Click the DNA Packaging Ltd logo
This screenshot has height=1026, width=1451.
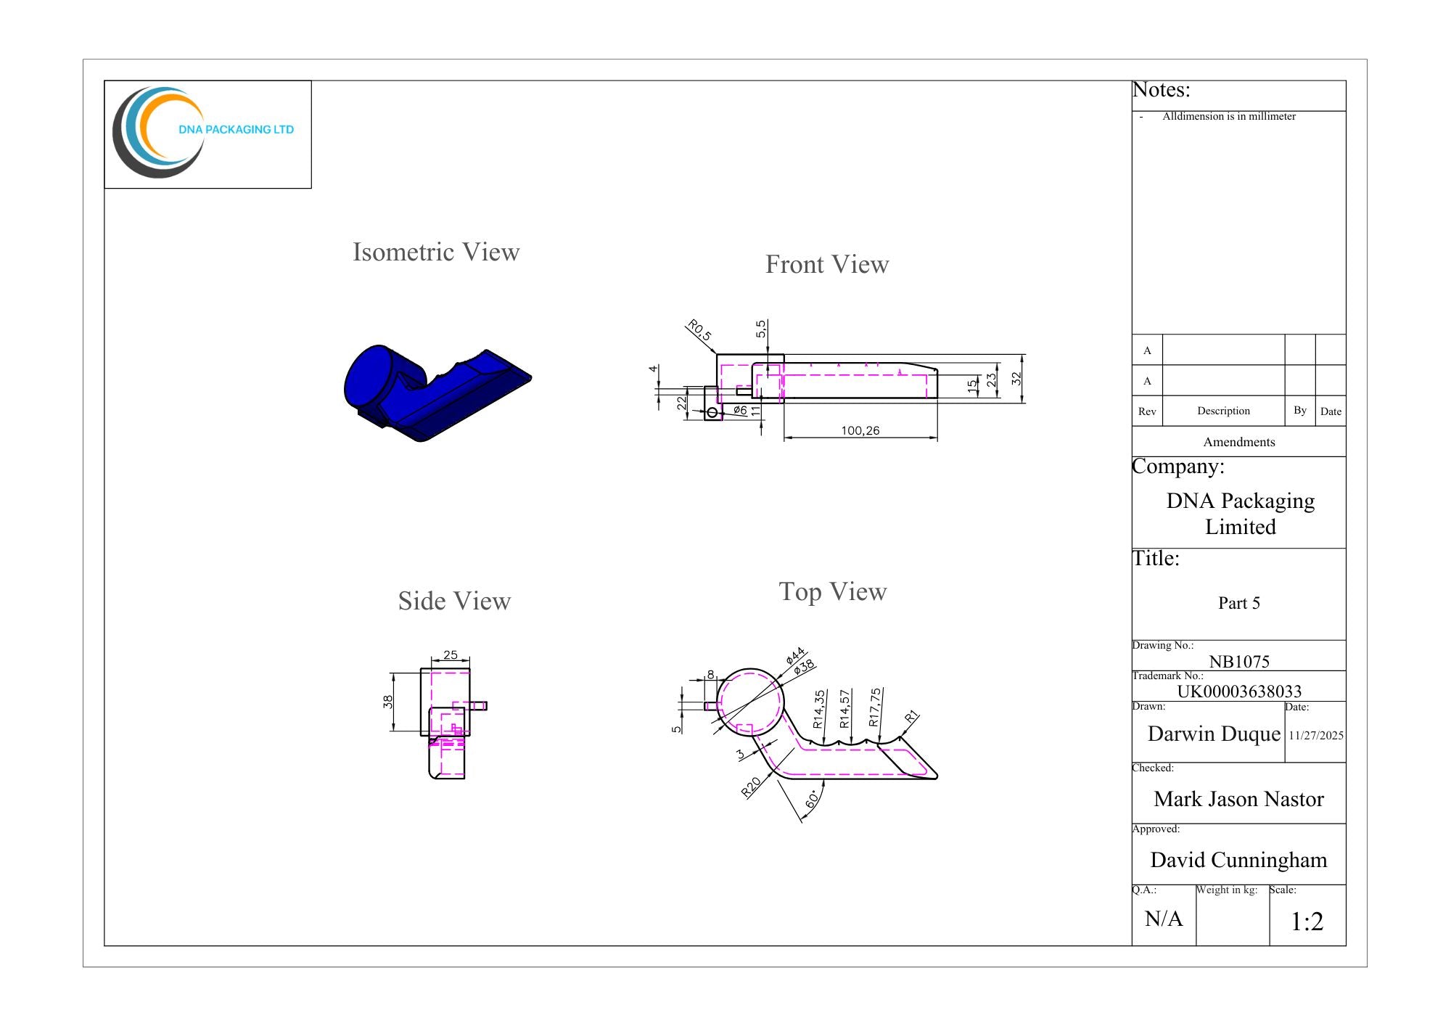(x=203, y=132)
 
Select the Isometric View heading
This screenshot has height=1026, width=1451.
(x=436, y=252)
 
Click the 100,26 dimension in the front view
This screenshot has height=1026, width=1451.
(x=860, y=430)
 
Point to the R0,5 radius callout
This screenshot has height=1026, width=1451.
(x=699, y=330)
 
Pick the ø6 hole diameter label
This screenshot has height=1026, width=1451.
(x=740, y=410)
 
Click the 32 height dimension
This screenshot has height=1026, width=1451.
(x=1016, y=378)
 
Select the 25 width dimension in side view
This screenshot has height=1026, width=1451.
(x=451, y=654)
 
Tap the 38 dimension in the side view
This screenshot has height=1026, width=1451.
(x=388, y=702)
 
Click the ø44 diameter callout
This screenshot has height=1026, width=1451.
(x=795, y=656)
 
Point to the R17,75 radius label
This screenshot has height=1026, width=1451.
(x=875, y=707)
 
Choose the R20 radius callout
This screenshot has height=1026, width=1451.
(x=751, y=787)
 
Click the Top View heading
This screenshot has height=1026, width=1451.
(x=833, y=591)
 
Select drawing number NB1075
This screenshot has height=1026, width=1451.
(x=1239, y=661)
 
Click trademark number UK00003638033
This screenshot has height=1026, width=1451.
(x=1239, y=691)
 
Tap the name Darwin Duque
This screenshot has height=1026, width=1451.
(x=1214, y=734)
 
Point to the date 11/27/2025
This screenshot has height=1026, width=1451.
(x=1316, y=735)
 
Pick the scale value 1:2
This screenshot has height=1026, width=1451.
(x=1307, y=922)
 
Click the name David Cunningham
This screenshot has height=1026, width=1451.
(x=1238, y=860)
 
